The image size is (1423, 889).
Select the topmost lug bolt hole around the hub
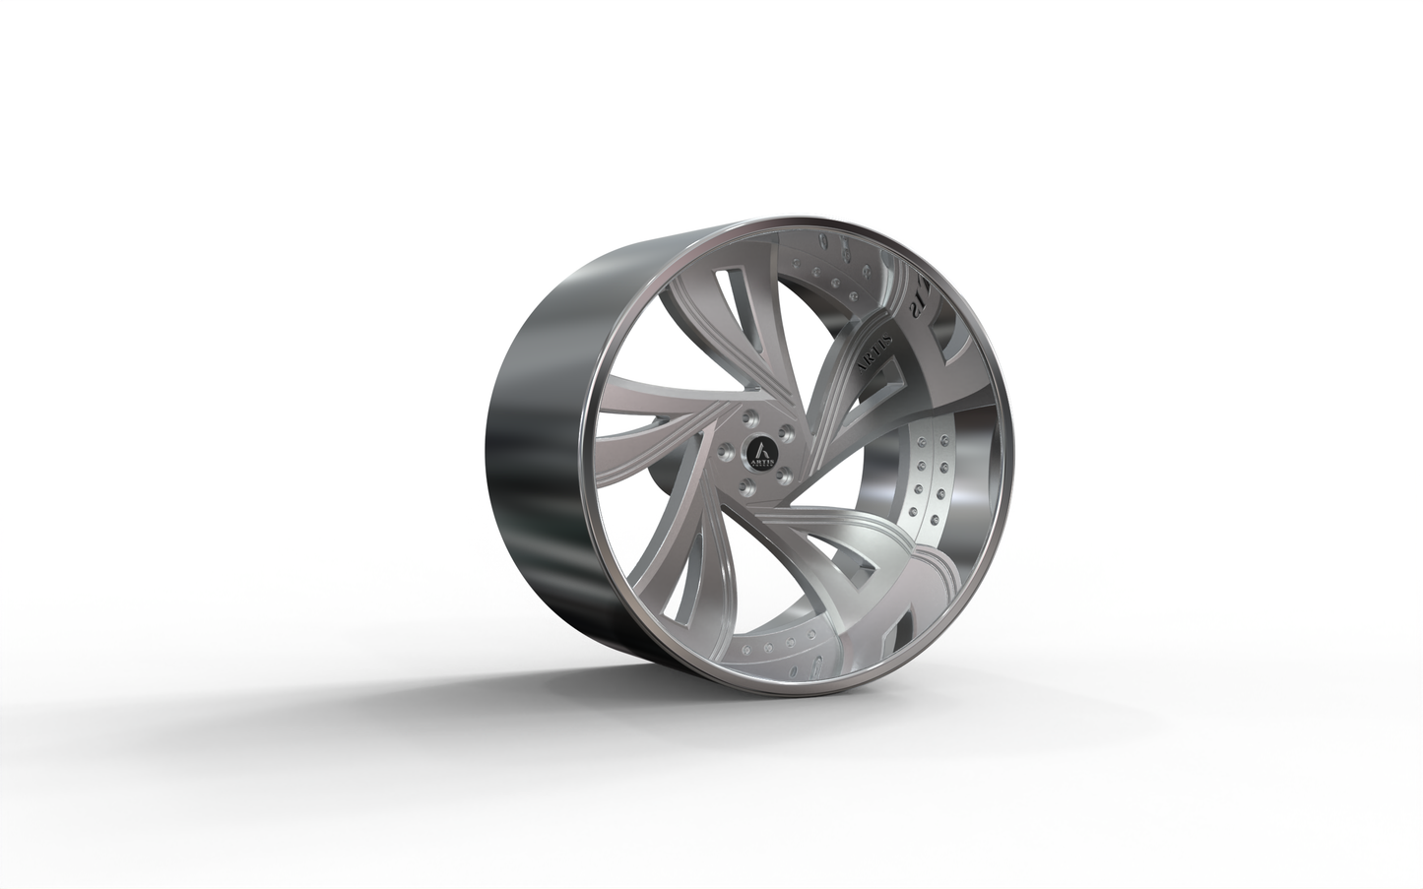[752, 417]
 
